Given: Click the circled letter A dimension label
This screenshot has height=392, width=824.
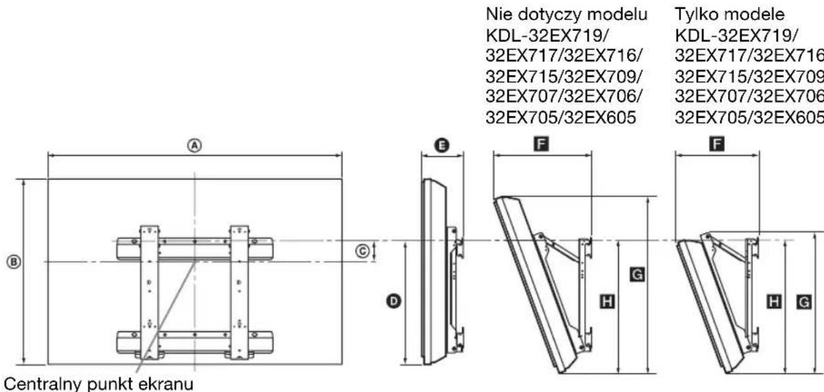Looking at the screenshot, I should (x=195, y=145).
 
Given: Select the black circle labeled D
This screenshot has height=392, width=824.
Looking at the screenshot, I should (x=394, y=300).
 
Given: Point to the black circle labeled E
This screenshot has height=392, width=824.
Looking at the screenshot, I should (x=442, y=145).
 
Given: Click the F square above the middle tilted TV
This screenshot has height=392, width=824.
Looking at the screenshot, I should (x=543, y=144).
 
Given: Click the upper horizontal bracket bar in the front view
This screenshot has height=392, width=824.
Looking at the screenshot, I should (x=194, y=248).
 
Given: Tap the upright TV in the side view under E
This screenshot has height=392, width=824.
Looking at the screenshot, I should (x=430, y=272).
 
